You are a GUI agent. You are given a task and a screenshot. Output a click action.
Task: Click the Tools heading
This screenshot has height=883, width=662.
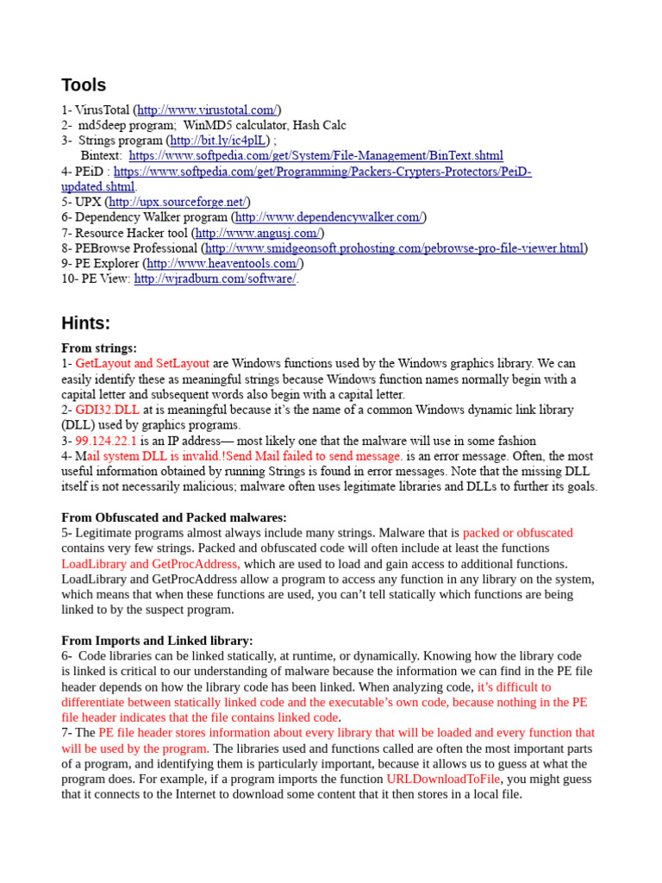84,85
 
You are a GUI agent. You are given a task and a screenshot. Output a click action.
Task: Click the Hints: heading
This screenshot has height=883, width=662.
86,323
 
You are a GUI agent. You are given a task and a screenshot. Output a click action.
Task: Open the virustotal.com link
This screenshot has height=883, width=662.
207,110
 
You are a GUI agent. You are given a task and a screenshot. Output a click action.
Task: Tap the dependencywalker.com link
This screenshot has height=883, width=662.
328,217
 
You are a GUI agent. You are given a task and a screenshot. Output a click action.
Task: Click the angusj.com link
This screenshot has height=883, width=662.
258,233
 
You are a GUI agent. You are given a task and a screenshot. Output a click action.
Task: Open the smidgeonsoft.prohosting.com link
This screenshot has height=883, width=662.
395,248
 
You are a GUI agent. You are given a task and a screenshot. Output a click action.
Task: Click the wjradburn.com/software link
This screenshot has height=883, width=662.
215,279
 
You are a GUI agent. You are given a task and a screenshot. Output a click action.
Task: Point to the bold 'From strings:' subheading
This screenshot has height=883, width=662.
99,348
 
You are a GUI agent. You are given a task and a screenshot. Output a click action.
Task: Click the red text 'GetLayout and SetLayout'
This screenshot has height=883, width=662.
142,364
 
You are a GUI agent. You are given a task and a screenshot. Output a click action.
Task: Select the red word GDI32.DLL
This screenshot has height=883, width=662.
108,410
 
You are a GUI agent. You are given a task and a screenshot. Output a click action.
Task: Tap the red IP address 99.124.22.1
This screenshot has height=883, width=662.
106,441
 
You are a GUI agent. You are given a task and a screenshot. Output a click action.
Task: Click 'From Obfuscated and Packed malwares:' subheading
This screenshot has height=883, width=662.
174,517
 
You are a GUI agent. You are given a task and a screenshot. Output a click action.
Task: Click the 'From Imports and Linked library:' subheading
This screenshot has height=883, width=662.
157,641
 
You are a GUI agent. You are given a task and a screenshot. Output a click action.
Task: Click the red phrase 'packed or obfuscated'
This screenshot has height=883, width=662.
517,533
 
